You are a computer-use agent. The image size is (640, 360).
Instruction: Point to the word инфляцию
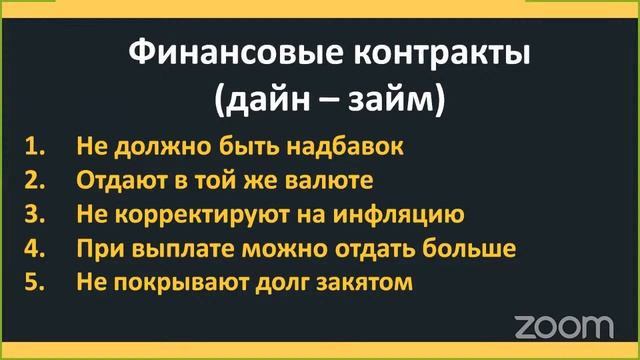click(407, 214)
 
